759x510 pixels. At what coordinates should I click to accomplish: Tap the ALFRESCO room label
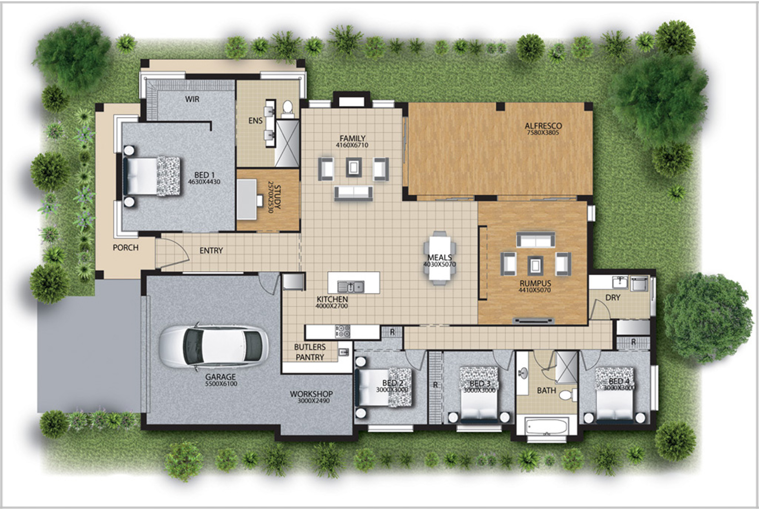coord(543,126)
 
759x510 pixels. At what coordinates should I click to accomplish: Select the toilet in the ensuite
coord(288,109)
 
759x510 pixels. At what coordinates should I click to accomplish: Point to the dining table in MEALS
coord(439,257)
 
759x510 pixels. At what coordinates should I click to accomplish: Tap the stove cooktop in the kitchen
coord(342,331)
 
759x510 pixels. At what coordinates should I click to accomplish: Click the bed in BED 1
coord(152,176)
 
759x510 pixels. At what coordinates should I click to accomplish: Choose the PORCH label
coord(125,248)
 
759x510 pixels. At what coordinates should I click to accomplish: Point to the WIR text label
coord(192,99)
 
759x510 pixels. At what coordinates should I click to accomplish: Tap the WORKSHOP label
coord(311,393)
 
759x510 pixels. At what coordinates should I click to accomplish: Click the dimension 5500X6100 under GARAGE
coord(221,384)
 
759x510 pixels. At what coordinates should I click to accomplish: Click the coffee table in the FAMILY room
coord(354,167)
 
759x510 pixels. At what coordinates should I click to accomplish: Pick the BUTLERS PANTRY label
coord(310,352)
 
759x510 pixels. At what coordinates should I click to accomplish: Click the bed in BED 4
coord(615,394)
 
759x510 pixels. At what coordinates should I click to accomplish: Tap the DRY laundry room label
coord(613,298)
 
